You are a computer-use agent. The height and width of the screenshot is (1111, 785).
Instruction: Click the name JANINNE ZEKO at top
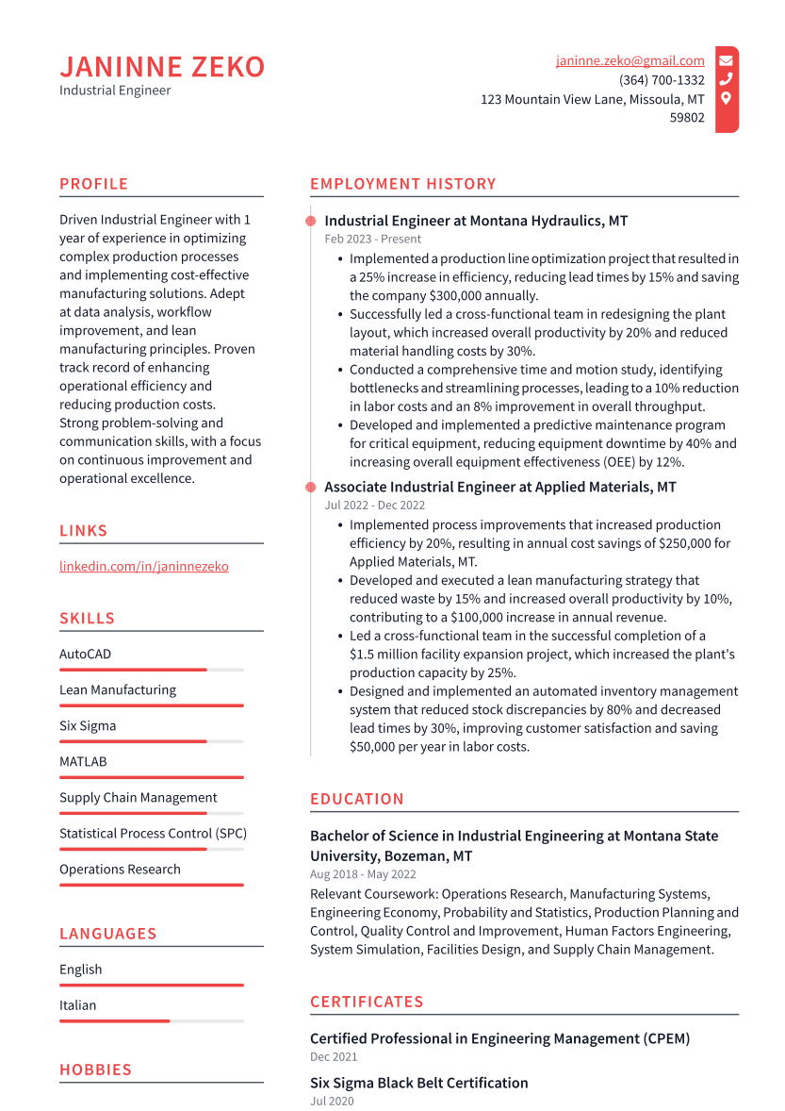[162, 67]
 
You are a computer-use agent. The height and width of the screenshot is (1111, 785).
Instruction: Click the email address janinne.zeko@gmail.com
[630, 61]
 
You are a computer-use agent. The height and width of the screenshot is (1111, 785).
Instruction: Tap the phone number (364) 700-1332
[662, 80]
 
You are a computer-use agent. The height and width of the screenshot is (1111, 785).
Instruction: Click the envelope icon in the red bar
[726, 60]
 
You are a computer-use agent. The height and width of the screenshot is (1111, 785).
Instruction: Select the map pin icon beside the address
[726, 98]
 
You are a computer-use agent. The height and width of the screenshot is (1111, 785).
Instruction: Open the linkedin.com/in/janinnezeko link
[143, 566]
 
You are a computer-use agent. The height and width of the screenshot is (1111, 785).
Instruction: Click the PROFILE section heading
[93, 184]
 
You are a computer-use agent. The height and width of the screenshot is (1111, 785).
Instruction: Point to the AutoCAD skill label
[85, 654]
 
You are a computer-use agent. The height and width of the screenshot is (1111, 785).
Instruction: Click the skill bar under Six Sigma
[151, 741]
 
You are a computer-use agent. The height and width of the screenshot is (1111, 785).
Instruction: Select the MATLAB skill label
[83, 761]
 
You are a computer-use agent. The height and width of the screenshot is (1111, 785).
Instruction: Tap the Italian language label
[77, 1005]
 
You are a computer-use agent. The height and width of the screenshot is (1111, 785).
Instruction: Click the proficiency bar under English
[151, 985]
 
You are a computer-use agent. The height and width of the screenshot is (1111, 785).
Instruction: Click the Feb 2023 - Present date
[372, 240]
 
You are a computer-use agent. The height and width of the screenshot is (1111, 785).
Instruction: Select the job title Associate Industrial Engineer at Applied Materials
[499, 488]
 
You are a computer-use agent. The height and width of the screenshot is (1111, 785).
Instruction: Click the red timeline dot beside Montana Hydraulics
[310, 221]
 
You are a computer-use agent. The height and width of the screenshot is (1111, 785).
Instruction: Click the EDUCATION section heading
[356, 799]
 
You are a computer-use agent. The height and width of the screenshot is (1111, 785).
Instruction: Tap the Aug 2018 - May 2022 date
[363, 874]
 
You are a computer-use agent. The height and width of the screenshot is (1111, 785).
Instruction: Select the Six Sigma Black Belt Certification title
[418, 1083]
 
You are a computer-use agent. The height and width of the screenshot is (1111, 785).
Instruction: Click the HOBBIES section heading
[95, 1070]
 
